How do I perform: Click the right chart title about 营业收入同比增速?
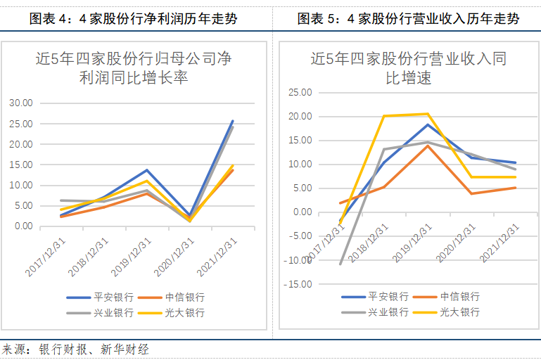click(408, 68)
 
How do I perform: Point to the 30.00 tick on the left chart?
click(21, 103)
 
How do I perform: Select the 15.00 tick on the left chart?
click(21, 165)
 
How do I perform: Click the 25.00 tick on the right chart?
click(300, 92)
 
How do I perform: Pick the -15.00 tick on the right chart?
click(299, 284)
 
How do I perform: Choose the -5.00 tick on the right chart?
click(301, 236)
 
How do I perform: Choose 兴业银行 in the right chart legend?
click(388, 311)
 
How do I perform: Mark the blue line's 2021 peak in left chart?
click(233, 121)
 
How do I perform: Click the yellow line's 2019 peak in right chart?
click(427, 114)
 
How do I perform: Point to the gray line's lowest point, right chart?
click(340, 264)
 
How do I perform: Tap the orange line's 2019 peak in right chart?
click(427, 146)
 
